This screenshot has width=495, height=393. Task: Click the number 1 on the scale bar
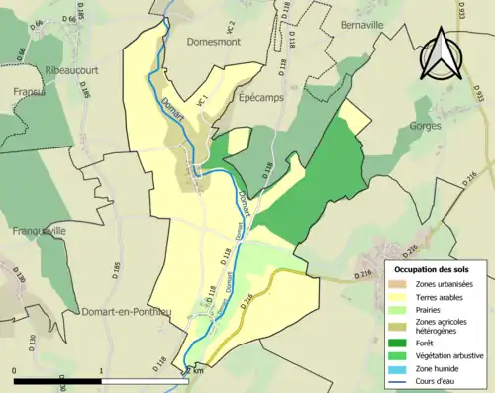click(101, 370)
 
